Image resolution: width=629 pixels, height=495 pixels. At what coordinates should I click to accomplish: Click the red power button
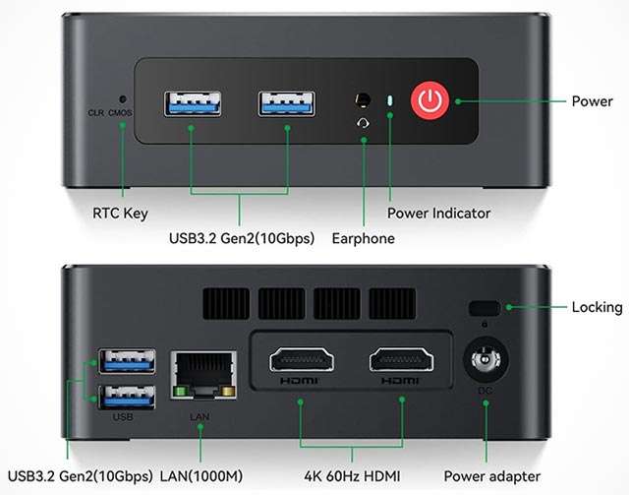point(429,99)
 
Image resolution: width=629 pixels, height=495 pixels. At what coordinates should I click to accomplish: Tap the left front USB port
point(194,101)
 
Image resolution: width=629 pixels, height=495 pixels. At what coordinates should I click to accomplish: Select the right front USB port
point(288,101)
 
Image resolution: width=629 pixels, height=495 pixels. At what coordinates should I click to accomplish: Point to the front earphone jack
point(364,100)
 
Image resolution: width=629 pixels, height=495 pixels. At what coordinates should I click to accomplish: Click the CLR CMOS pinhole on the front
point(122,99)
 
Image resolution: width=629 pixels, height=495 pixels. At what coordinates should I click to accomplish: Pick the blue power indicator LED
point(390,100)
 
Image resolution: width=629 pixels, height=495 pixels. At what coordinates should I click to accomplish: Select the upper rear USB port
point(126,361)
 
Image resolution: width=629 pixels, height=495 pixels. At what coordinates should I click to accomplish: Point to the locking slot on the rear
point(484,306)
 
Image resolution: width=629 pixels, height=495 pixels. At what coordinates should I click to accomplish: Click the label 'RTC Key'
point(122,213)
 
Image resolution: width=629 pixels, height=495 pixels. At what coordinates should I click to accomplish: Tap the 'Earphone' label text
point(364,238)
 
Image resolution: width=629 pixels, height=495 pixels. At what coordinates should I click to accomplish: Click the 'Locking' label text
point(597,307)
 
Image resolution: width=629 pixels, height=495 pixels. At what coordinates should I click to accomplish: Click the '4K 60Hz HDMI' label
point(351,476)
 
